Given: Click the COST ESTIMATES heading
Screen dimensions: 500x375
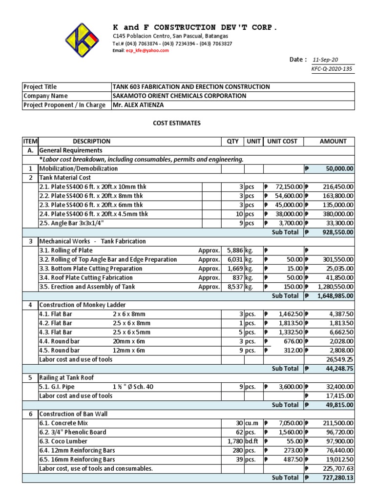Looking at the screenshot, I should (174, 124).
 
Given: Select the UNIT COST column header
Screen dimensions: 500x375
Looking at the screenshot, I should (282, 141).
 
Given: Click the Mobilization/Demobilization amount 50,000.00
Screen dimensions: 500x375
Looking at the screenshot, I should (340, 168).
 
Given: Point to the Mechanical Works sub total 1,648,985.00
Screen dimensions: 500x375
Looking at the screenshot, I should (335, 296).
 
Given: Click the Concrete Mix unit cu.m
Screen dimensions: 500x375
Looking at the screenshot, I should (252, 423).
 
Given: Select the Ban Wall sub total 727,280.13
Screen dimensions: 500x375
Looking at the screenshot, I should (337, 478).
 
